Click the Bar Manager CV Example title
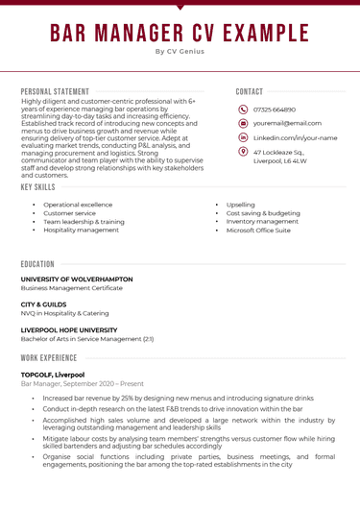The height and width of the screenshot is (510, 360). pos(180,34)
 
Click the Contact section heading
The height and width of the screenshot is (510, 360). pos(250,91)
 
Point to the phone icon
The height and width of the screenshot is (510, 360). pos(243,109)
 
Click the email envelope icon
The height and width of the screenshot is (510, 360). pos(243,124)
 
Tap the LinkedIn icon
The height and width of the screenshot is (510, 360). pos(243,138)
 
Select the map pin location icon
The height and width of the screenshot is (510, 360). pos(243,153)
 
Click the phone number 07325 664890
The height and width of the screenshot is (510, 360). pos(275,109)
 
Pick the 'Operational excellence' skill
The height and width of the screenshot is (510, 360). pos(78,205)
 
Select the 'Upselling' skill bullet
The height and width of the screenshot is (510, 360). pos(241,205)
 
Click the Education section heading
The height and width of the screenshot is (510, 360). pos(37,263)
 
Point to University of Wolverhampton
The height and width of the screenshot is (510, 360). pos(77,279)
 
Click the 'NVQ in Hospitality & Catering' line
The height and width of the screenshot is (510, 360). pos(65,313)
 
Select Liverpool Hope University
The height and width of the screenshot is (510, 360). pos(70,329)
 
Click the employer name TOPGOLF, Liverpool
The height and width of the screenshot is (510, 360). pos(53,375)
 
